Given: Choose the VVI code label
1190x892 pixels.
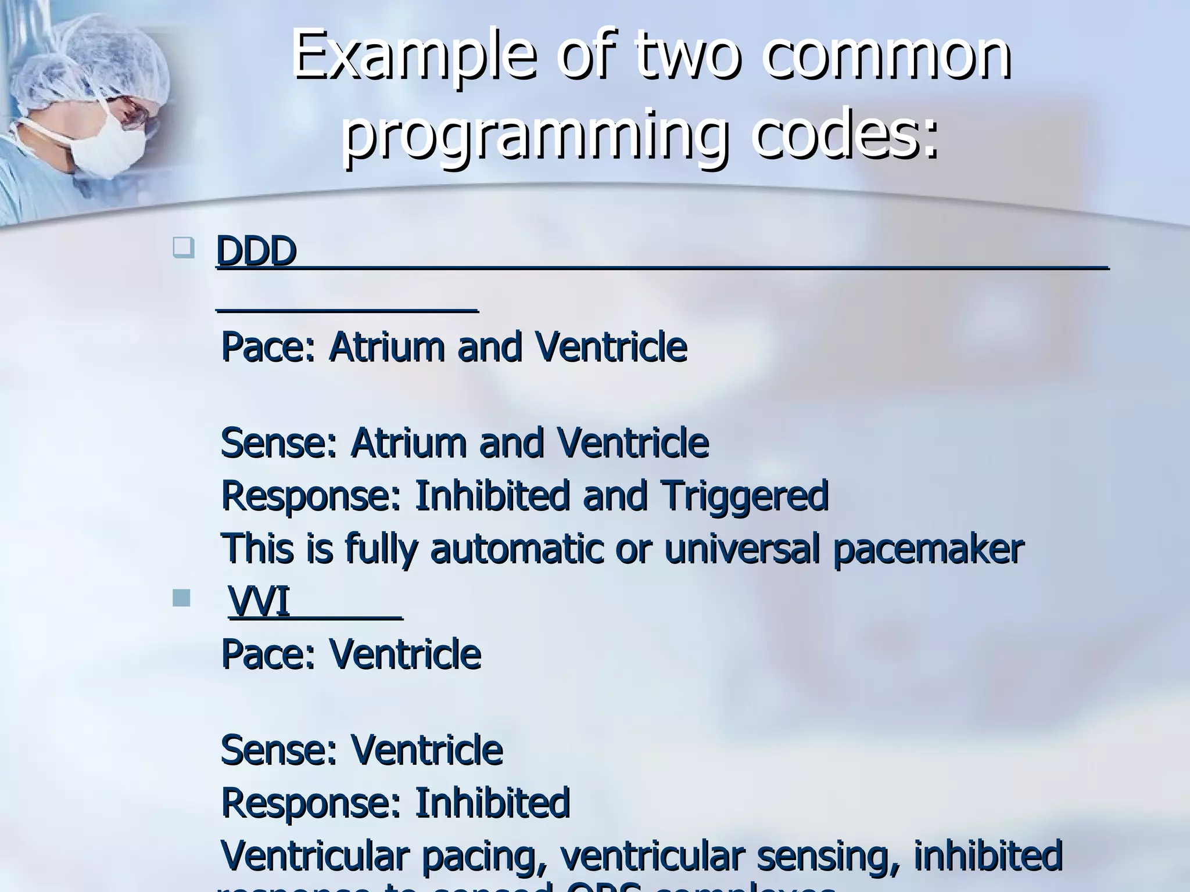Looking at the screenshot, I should point(259,602).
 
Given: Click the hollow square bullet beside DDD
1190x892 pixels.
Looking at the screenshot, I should point(182,249).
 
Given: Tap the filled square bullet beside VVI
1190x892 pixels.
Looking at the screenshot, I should point(181,598).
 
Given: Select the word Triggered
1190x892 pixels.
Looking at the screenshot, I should point(744,497).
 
